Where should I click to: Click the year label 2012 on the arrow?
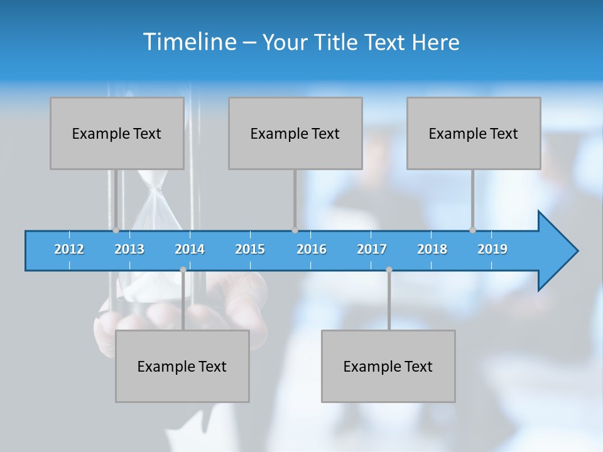click(x=69, y=249)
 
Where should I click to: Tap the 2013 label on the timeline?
click(x=129, y=249)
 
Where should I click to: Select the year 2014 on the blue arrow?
click(x=190, y=249)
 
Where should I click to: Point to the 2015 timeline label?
click(x=250, y=249)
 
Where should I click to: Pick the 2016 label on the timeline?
click(x=312, y=249)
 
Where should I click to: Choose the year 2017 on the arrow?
click(x=372, y=249)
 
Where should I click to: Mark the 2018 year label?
click(x=432, y=249)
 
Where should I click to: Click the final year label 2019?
click(x=492, y=249)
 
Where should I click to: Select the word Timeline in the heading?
click(x=189, y=41)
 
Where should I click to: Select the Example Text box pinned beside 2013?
click(x=117, y=133)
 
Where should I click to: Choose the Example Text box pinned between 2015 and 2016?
click(x=295, y=133)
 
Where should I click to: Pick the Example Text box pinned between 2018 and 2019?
click(x=474, y=133)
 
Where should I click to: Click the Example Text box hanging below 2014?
click(x=182, y=366)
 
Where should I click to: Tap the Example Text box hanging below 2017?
click(x=388, y=366)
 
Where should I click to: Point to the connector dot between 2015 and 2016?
click(x=295, y=230)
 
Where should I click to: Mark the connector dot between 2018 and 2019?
click(x=472, y=230)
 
